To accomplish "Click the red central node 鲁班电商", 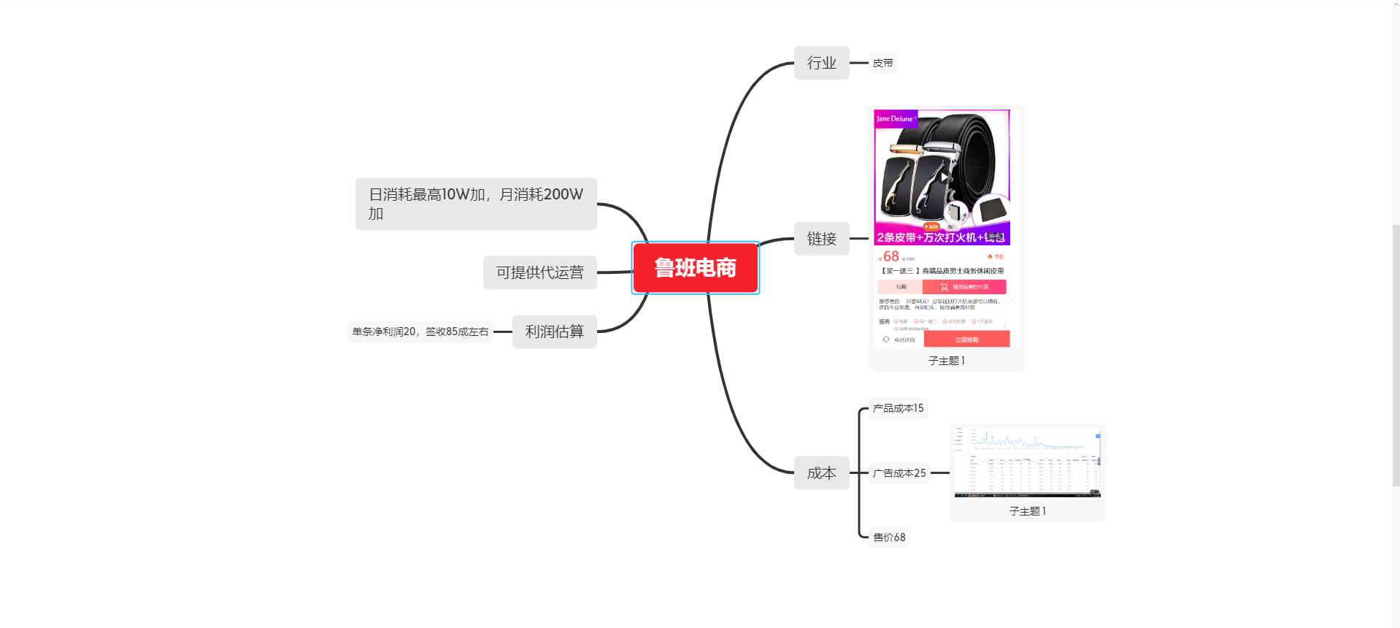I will [x=695, y=268].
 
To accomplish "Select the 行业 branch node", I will [x=821, y=63].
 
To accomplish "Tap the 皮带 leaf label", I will [x=882, y=64].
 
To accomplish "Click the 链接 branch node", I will [x=821, y=239].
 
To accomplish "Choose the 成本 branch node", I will [x=821, y=473].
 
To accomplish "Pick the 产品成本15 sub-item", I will [x=898, y=408].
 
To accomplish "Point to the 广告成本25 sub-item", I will [x=899, y=473].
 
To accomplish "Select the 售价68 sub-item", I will [x=889, y=537].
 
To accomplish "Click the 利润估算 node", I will [x=554, y=332].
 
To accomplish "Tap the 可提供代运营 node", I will [x=539, y=272].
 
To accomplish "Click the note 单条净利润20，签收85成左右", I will [x=420, y=332].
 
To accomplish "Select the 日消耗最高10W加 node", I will [x=476, y=204].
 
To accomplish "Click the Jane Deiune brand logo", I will [x=895, y=118].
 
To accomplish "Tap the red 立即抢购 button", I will [x=966, y=340].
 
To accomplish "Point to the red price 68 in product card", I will [x=891, y=256].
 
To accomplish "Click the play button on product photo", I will [x=944, y=177].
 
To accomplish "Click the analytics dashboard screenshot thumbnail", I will [x=1027, y=462].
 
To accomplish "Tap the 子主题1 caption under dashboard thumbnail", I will [x=1027, y=511].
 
